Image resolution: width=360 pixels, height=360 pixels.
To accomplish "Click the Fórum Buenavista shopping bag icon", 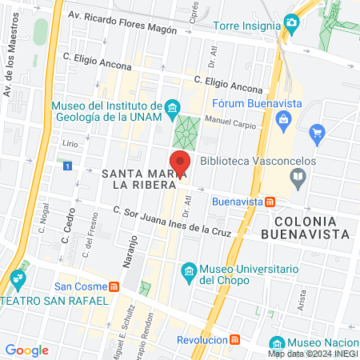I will tap(283, 120).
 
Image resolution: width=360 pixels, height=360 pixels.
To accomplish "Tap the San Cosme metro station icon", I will tap(114, 286).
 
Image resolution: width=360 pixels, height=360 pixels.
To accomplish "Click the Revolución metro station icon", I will tap(234, 339).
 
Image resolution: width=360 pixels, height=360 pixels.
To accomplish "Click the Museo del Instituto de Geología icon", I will tap(171, 107).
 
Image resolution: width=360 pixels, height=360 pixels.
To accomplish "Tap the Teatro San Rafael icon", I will tap(18, 281).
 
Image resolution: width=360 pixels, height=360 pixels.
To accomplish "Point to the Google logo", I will tap(26, 350).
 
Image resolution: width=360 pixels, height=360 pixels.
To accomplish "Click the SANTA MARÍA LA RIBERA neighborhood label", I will tap(134, 179).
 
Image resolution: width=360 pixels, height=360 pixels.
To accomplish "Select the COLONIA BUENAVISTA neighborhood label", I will tap(310, 227).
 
